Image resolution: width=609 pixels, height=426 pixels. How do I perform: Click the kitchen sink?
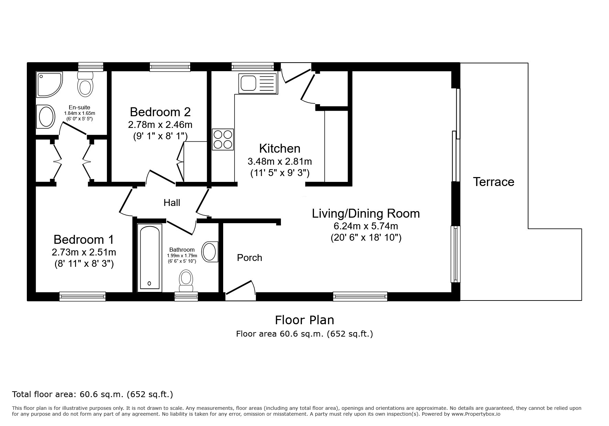click(x=258, y=83)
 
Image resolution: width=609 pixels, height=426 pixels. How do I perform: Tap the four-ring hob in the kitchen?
click(x=223, y=139)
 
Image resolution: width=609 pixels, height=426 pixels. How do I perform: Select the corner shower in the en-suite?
click(x=49, y=84)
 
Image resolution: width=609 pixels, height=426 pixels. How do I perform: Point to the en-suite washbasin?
click(x=45, y=117)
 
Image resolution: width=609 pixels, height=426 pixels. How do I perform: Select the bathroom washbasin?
click(x=210, y=252)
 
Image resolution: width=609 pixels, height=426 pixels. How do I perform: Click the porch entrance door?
click(x=240, y=290)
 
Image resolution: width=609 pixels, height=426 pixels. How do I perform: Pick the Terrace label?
click(x=493, y=182)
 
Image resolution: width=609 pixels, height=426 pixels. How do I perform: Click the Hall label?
click(x=172, y=203)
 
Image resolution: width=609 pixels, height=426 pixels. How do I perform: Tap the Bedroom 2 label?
click(x=160, y=112)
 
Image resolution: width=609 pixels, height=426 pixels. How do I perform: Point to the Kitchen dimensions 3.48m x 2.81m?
click(x=280, y=161)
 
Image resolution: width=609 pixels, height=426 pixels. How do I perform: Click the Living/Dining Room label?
click(x=366, y=214)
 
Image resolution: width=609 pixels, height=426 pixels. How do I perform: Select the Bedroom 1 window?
click(x=83, y=296)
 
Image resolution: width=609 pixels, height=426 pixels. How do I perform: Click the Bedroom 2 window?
click(x=170, y=67)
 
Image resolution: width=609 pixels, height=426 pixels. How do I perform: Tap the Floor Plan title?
click(x=304, y=320)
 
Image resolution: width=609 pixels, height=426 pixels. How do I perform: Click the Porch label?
click(x=249, y=258)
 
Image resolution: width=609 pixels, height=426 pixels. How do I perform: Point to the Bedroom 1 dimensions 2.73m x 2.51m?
click(x=84, y=252)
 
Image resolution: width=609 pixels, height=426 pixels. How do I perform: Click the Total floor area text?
click(x=93, y=394)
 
